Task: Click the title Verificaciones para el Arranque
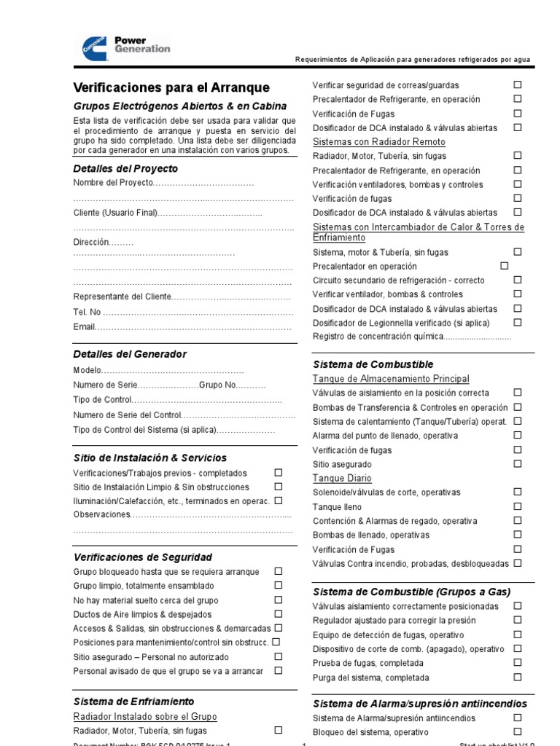point(171,87)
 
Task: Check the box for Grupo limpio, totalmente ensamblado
point(278,585)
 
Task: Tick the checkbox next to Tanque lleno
point(517,506)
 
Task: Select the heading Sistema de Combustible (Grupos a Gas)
point(411,592)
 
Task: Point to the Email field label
point(85,327)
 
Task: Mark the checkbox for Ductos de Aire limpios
point(278,613)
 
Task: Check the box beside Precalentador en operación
point(504,266)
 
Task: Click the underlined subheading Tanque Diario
point(342,479)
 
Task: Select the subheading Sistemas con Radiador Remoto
point(378,142)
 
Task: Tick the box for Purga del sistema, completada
point(517,677)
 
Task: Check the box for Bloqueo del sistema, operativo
point(517,731)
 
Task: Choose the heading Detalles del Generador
point(130,354)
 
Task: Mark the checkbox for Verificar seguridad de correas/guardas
point(517,85)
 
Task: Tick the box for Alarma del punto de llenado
point(517,435)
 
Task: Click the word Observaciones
point(102,515)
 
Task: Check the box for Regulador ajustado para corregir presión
point(517,620)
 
